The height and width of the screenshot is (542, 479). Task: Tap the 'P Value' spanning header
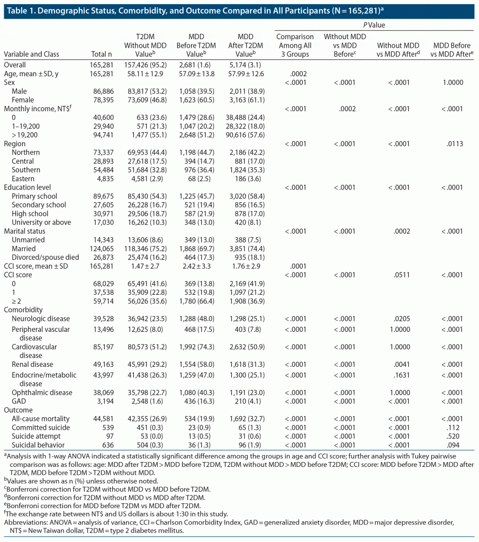tap(374, 24)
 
